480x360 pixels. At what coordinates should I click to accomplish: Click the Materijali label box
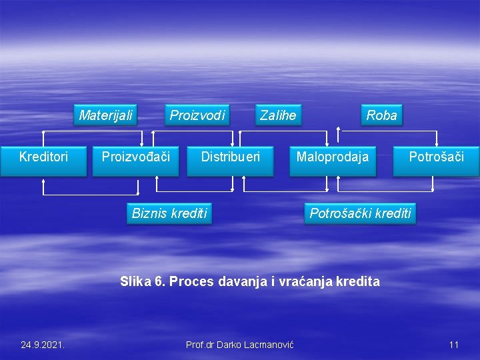(105, 115)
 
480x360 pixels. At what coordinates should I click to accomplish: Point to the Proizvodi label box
(197, 115)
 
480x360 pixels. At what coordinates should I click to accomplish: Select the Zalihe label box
(278, 115)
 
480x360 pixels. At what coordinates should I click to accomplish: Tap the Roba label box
(381, 115)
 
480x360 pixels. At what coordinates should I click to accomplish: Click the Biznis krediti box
(169, 213)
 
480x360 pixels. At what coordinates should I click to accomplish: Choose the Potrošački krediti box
(360, 213)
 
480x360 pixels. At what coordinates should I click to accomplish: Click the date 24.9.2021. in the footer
(43, 345)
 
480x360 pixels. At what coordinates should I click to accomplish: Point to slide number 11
(454, 345)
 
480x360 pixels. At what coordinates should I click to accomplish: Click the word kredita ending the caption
(361, 281)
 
